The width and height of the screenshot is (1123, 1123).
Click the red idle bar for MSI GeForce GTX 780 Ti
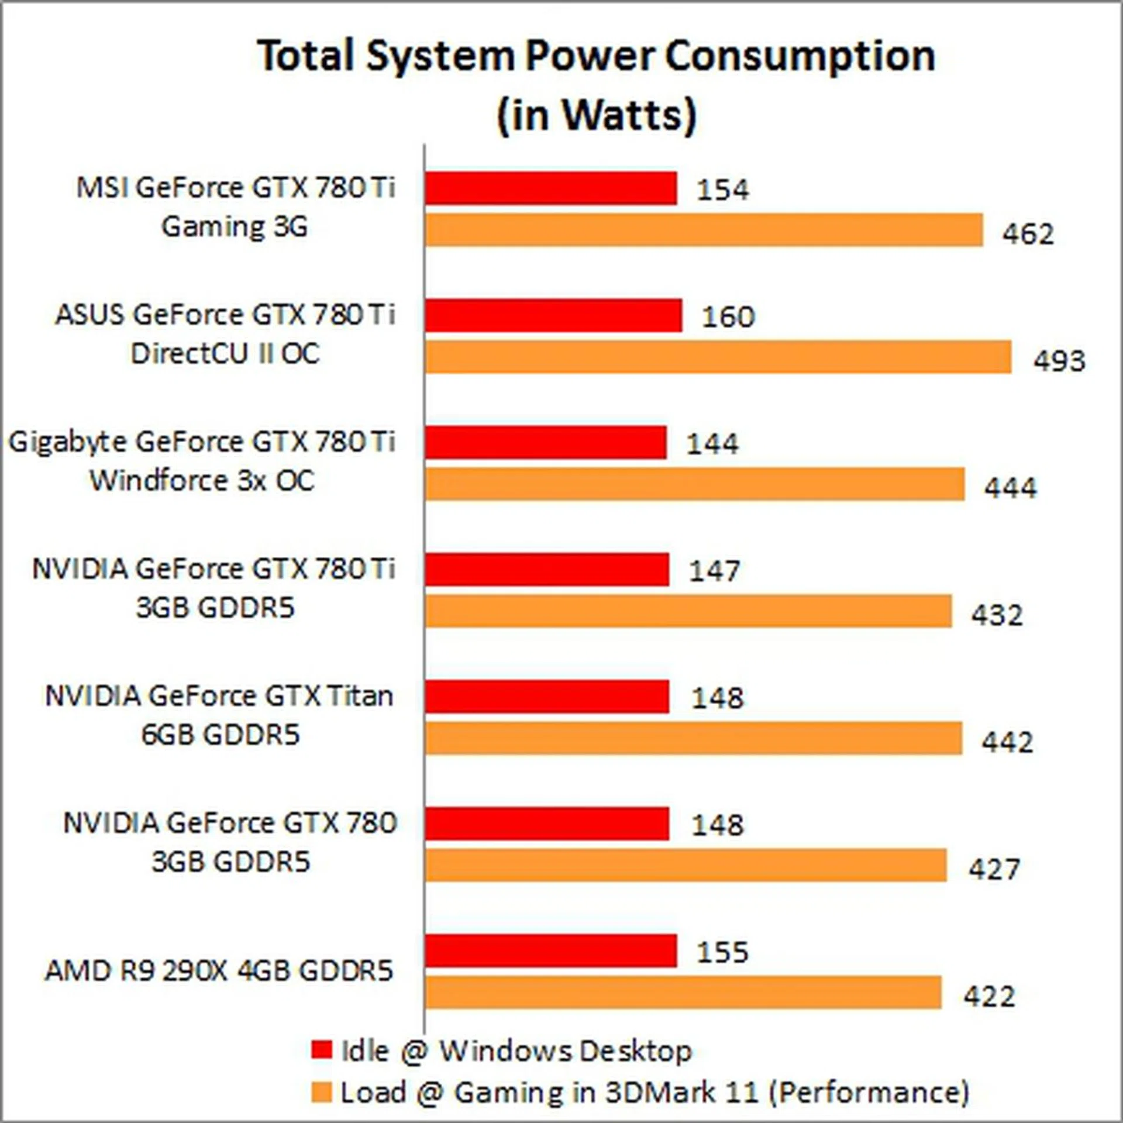pos(550,188)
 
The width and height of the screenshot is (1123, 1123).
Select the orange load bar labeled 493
pos(718,357)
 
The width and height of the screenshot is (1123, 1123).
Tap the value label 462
pos(1028,234)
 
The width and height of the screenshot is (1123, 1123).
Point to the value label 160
pos(728,317)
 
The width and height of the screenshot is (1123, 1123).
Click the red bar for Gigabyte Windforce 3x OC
pos(545,442)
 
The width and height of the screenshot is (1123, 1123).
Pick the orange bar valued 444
pos(694,484)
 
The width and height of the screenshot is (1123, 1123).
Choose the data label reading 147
pos(715,571)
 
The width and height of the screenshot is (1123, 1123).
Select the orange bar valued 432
pos(688,611)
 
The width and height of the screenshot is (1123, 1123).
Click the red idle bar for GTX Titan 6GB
pos(547,697)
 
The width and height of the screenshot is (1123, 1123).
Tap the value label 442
pos(1007,742)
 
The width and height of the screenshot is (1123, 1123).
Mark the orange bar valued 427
pos(685,866)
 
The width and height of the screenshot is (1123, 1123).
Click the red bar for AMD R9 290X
pos(550,951)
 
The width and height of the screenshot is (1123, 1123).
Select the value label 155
pos(722,952)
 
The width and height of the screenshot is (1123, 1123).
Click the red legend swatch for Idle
pos(322,1049)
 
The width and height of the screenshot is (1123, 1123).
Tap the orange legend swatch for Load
pos(322,1092)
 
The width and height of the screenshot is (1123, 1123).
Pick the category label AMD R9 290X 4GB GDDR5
pos(219,972)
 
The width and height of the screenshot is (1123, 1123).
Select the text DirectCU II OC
pos(225,354)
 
